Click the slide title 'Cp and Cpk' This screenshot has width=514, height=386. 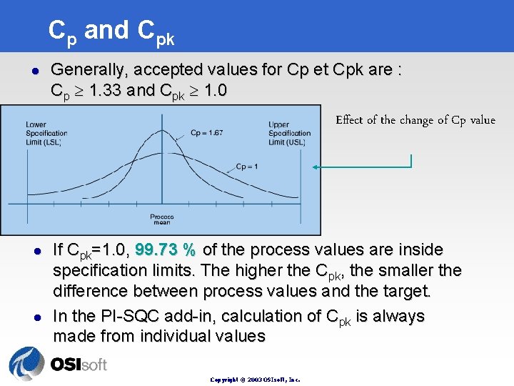click(111, 31)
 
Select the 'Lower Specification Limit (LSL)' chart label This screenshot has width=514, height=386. click(46, 134)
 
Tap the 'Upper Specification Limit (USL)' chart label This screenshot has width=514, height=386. click(289, 134)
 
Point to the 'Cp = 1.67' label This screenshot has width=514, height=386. click(207, 133)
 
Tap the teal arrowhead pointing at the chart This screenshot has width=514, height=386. click(317, 168)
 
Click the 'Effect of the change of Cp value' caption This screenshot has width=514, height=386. click(415, 120)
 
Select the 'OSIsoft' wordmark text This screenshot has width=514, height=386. click(79, 365)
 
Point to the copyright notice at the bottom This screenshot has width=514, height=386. click(255, 380)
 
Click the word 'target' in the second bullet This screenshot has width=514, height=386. click(406, 291)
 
